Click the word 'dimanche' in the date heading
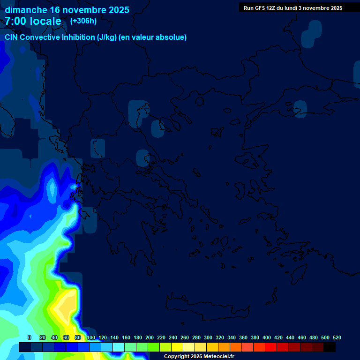coord(25,10)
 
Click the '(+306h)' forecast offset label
coord(83,21)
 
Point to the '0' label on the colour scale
coord(30,337)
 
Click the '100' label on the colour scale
coord(91,337)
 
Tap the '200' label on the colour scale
coord(150,337)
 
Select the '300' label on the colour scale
coord(208,337)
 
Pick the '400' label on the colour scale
coord(267,337)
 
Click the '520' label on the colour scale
coord(337,337)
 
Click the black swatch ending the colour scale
coord(330,347)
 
